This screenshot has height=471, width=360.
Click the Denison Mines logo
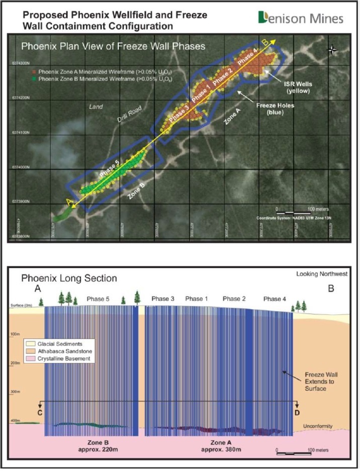click(301, 18)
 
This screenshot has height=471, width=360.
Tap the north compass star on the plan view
click(332, 49)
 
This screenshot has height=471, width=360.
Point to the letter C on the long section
click(39, 412)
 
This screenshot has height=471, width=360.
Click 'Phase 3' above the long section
click(162, 299)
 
